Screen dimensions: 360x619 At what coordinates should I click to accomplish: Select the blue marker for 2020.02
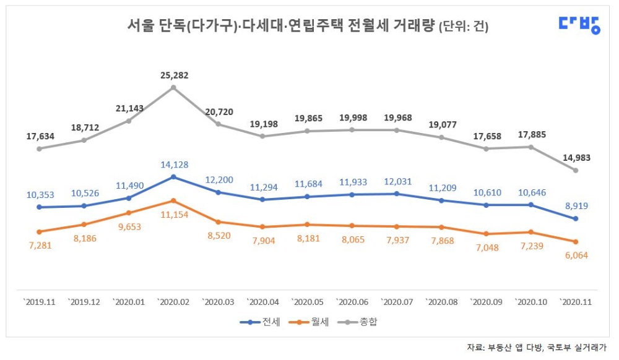click(173, 177)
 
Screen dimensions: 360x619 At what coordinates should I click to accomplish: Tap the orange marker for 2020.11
click(576, 242)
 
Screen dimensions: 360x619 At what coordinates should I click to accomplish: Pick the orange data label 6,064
click(575, 255)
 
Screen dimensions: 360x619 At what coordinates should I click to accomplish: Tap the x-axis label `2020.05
click(307, 302)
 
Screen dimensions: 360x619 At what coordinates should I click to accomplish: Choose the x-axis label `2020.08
click(441, 302)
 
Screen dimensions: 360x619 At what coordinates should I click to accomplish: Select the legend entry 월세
click(314, 322)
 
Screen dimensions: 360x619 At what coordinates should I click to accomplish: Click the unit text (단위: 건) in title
click(463, 27)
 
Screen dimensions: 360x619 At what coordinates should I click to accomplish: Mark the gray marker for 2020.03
click(218, 124)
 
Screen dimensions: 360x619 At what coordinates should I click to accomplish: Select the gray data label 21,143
click(128, 108)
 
